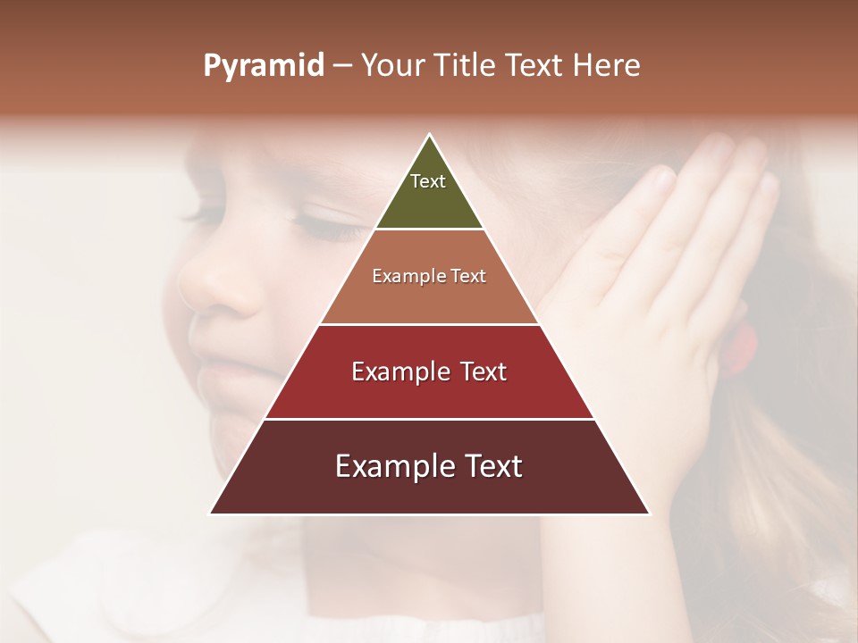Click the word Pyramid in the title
coord(264,66)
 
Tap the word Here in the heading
coord(607,66)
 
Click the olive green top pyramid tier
coord(429,201)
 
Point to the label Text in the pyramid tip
coord(428,181)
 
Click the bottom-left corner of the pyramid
coord(211,514)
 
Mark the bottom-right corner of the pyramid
coord(649,514)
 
